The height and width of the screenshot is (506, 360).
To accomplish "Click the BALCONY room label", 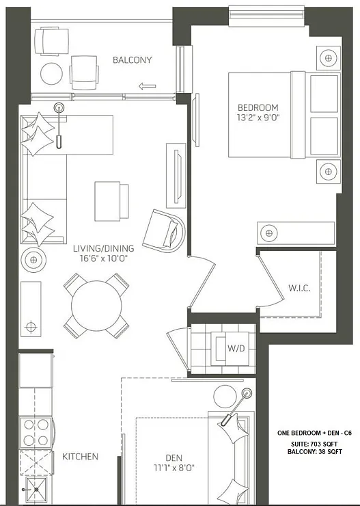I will coord(132,60).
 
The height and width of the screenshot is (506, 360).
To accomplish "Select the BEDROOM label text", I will coord(258,107).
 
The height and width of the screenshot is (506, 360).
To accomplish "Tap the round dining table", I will coord(96,305).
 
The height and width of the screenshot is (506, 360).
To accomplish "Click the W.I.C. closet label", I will coord(299,288).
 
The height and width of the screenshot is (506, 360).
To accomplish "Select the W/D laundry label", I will coord(236,348).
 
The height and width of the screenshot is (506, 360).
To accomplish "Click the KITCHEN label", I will coord(81,456).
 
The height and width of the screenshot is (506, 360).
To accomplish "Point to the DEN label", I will coord(174,459).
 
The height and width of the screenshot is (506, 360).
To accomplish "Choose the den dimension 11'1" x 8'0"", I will coord(174,469).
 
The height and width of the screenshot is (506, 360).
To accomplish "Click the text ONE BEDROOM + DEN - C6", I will coord(314,433).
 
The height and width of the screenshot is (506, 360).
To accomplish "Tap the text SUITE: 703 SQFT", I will coord(314,444).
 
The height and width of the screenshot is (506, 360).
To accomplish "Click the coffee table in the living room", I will coord(111,200).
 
